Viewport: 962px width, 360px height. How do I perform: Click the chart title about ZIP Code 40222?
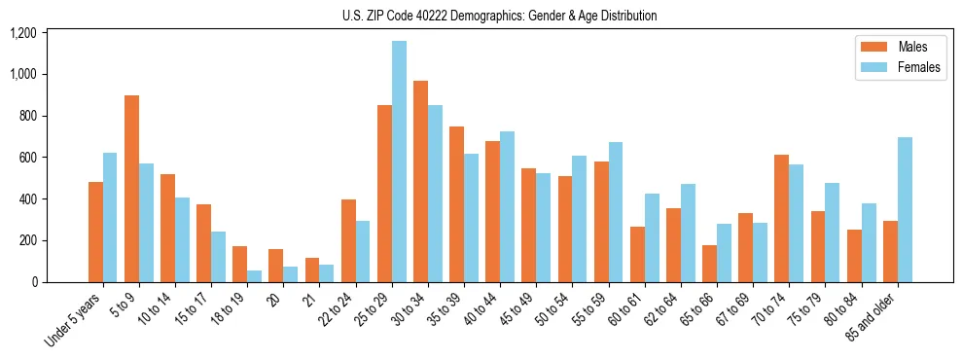click(500, 16)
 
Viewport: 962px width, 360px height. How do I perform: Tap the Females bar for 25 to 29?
click(399, 162)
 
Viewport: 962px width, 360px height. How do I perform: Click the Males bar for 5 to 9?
click(131, 189)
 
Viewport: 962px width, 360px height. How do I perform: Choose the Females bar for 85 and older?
click(904, 209)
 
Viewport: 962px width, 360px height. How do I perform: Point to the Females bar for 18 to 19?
click(255, 276)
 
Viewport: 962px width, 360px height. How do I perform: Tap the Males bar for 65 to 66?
click(709, 264)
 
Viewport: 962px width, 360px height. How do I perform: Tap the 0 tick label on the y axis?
click(34, 282)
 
